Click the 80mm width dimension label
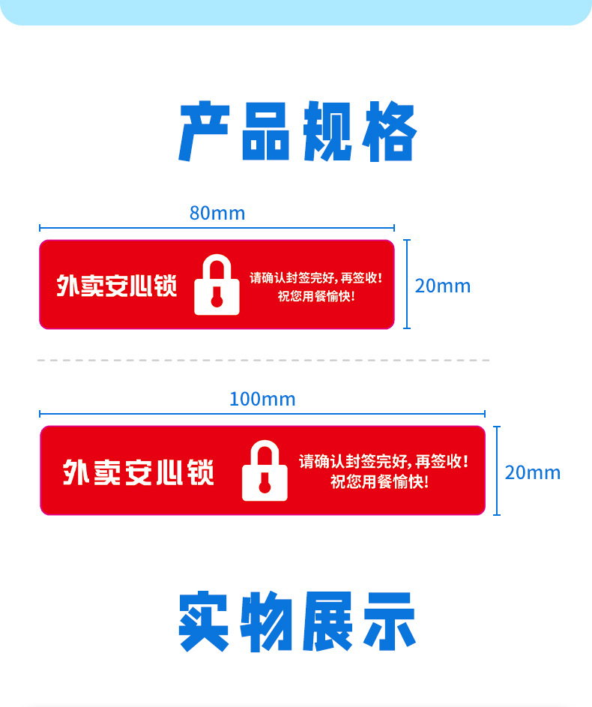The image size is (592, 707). coord(217,214)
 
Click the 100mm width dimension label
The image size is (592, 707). coord(262,399)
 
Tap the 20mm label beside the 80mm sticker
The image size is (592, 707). coord(443,286)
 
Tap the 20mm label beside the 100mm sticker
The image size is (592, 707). coord(532,472)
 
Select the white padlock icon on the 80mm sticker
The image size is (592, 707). coord(217,286)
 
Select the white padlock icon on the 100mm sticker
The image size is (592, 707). coord(265,472)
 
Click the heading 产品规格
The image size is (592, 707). coord(297,133)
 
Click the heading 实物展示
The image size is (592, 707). coord(297,622)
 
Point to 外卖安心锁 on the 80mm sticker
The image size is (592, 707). coord(117,286)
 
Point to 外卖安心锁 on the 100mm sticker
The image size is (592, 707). coord(139,472)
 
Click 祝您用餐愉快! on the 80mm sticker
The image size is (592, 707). coord(316,295)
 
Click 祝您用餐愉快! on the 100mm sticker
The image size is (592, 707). coord(380,482)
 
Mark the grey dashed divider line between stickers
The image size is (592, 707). coord(262,361)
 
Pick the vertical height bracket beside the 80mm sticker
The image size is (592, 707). coord(407,284)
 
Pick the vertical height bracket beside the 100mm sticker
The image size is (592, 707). coord(496,470)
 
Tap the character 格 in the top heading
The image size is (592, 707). coord(390,133)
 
